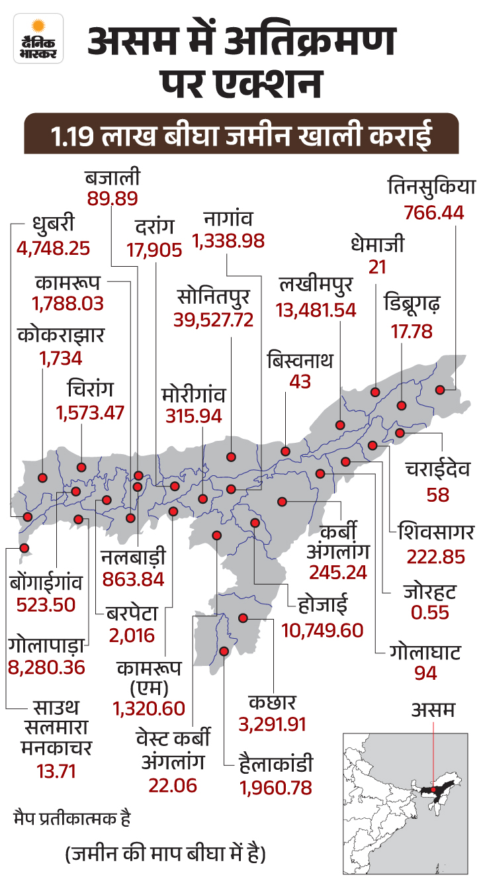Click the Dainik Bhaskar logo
38,38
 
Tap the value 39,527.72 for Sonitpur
213,320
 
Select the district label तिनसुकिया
431,187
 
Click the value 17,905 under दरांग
154,250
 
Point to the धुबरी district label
54,224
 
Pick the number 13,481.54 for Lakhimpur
316,310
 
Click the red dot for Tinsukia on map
440,390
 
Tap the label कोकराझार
61,335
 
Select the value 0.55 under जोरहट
429,612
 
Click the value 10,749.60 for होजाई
322,630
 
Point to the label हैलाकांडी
276,764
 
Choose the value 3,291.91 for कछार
273,724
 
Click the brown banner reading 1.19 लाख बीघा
241,134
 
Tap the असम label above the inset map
433,710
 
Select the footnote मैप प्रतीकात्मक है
72,819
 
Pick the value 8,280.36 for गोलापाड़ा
46,668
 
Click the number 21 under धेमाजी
377,267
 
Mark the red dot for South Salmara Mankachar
24,548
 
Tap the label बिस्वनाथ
300,360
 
